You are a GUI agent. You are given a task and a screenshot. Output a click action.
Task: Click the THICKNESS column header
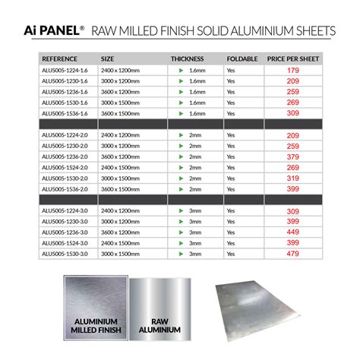(187, 58)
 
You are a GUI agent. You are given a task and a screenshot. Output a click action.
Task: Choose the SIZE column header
(108, 58)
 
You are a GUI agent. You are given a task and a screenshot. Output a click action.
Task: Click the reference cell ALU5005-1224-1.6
(65, 70)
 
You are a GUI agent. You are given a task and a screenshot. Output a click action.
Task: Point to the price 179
(292, 70)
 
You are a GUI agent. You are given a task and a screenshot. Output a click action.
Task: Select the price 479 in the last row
(292, 253)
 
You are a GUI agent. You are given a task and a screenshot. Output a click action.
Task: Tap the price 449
(292, 232)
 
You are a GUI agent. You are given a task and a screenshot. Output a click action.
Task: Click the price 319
(292, 178)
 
